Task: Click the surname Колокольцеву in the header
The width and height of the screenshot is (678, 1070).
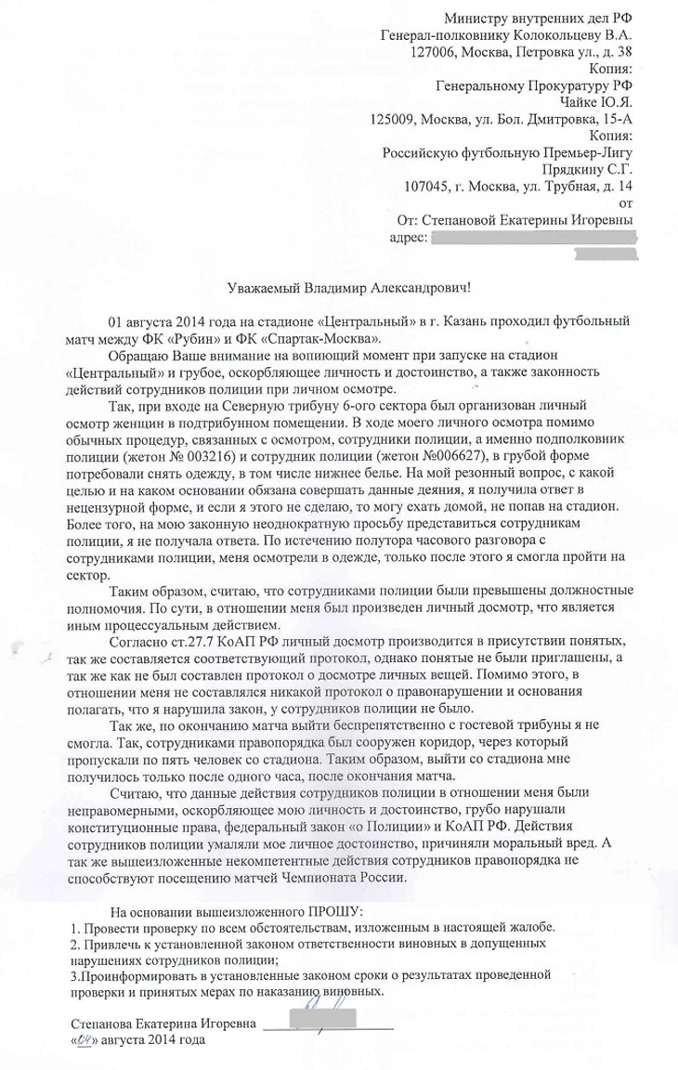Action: [545, 34]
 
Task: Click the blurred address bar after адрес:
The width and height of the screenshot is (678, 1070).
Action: [534, 239]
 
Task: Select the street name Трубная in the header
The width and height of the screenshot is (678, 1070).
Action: [552, 187]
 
